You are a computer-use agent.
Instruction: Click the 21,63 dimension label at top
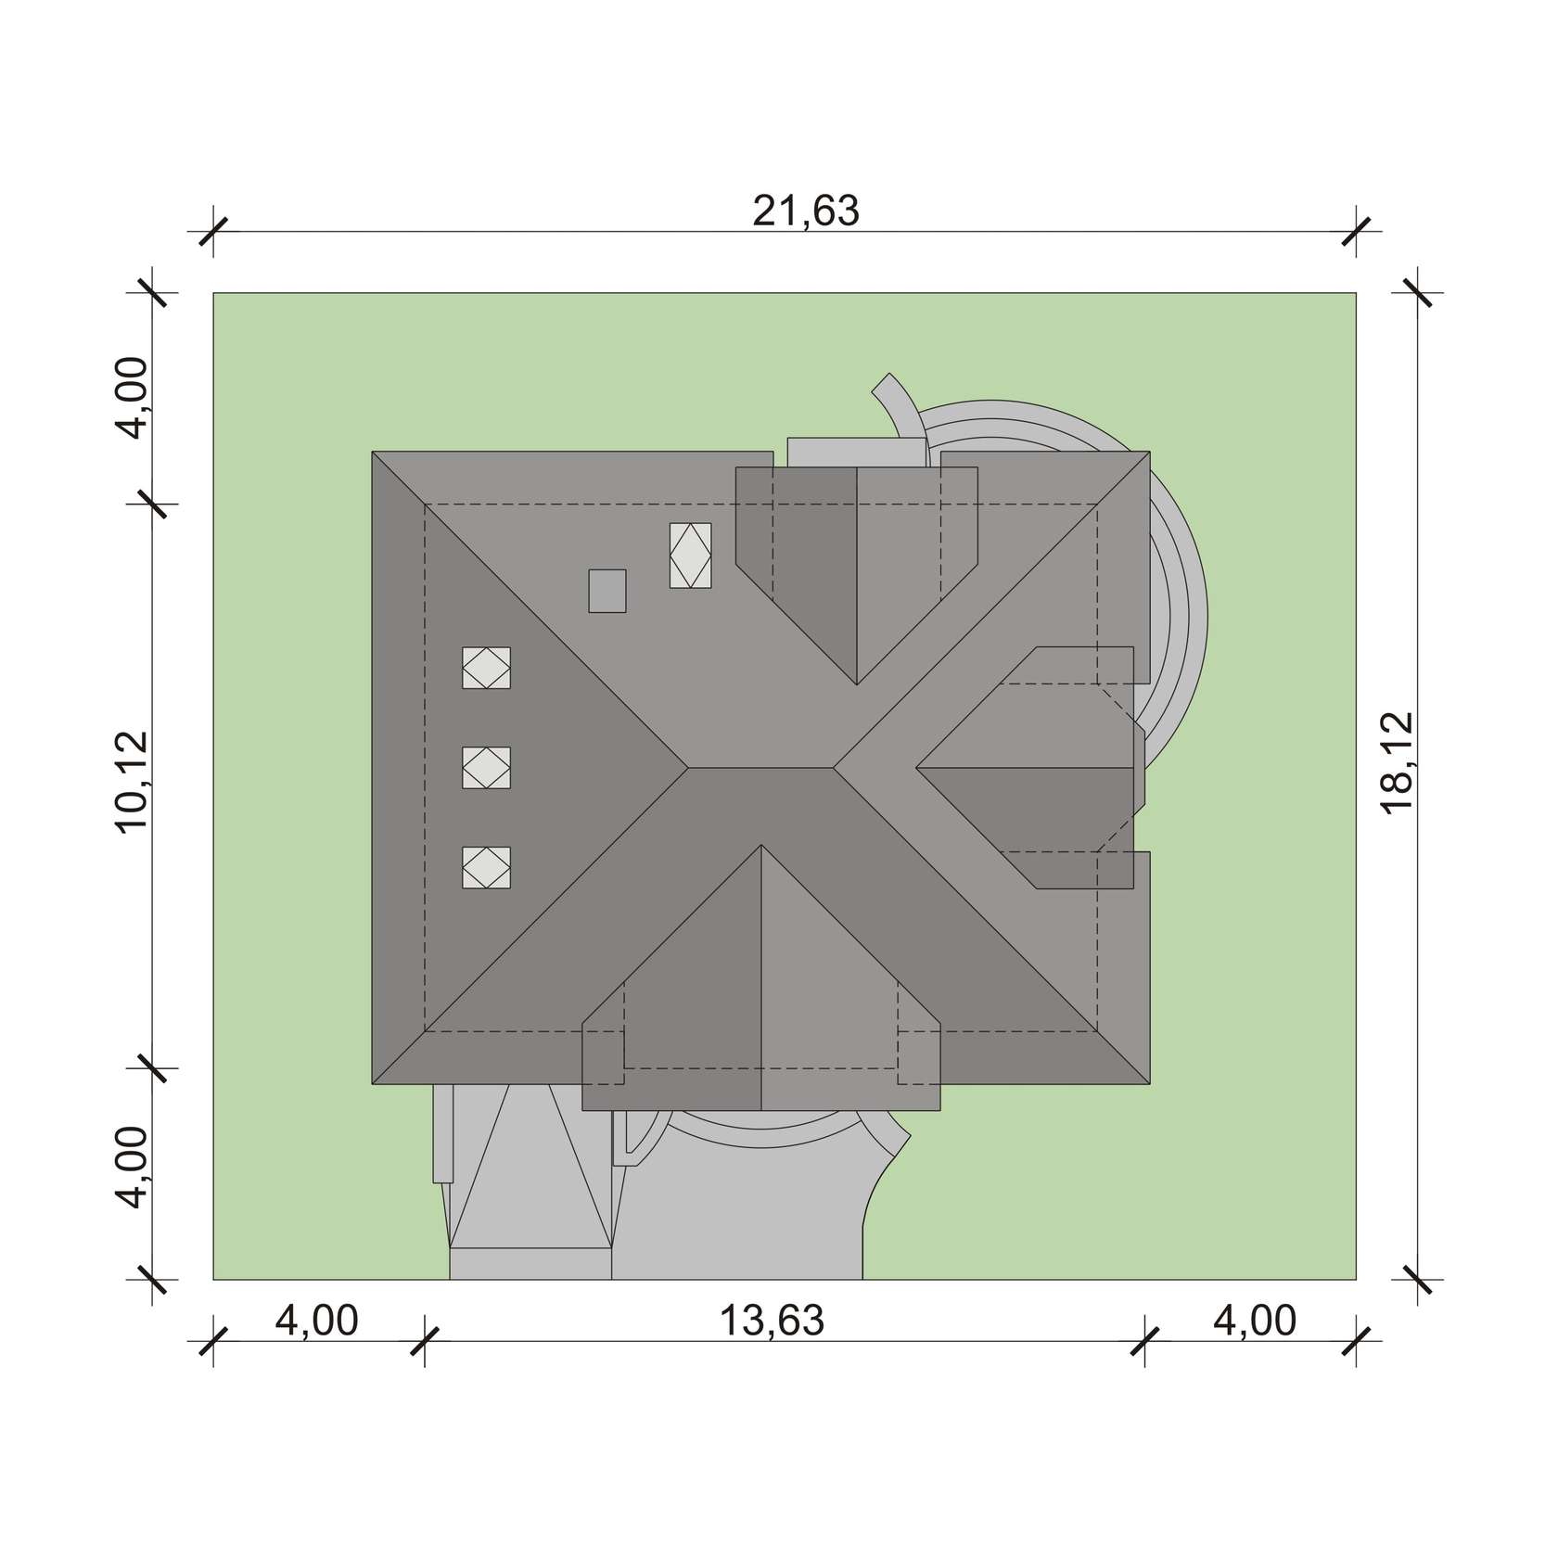click(x=805, y=211)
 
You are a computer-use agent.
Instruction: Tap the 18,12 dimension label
click(x=1396, y=762)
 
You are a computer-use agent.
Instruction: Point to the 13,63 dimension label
click(x=772, y=1321)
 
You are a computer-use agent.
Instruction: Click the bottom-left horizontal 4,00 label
click(x=316, y=1321)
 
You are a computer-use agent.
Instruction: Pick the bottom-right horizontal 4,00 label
click(x=1255, y=1321)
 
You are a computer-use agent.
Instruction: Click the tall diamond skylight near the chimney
click(x=691, y=556)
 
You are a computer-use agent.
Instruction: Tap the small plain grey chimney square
click(x=607, y=591)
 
